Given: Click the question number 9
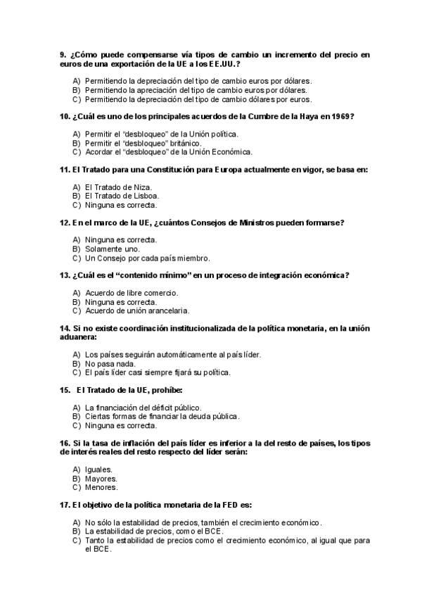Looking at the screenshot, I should coord(63,54).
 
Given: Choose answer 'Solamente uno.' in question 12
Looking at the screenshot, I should coord(112,249).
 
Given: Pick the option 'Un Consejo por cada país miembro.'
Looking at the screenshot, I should coord(147,258).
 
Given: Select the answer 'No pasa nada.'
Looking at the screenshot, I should coord(110,363).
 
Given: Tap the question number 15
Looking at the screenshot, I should coord(65,389).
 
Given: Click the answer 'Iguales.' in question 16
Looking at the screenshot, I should coord(98,469).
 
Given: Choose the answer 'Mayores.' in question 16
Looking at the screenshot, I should coord(101,478).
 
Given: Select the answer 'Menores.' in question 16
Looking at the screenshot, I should coord(101,487).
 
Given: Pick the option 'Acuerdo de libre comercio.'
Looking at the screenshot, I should coord(132,293).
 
